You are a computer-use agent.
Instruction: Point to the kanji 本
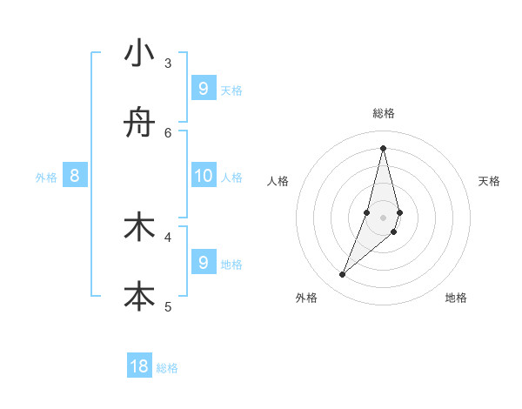tap(139, 296)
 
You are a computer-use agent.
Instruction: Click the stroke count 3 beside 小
tap(168, 63)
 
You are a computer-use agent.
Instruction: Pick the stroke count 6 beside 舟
tap(168, 132)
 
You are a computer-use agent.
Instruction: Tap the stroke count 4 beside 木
tap(168, 236)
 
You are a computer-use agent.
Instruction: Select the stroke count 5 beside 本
tap(168, 305)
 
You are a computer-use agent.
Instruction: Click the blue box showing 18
tap(139, 366)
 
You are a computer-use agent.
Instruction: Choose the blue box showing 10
tap(203, 176)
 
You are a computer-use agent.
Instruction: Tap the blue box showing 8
tap(75, 176)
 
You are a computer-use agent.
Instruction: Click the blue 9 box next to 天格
tap(203, 88)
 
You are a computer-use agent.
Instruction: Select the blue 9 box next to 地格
tap(203, 262)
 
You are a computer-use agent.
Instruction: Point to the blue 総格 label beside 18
tap(167, 368)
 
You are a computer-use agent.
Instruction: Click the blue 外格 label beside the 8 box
tap(46, 178)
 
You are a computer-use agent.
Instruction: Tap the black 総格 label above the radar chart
tap(383, 113)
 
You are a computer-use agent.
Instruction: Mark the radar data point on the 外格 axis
tap(342, 275)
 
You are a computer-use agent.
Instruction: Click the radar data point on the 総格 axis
tap(383, 148)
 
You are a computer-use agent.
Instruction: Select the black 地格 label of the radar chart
tap(456, 298)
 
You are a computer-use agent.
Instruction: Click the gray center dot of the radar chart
tap(383, 217)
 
